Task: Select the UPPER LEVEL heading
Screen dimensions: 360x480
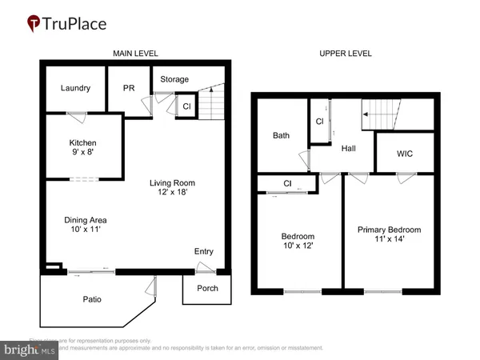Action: [x=346, y=54]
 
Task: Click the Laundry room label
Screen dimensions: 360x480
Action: [x=76, y=88]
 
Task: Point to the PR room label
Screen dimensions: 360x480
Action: [x=128, y=88]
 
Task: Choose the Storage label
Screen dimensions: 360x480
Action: [x=174, y=79]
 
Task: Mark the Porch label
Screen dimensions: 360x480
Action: [x=207, y=289]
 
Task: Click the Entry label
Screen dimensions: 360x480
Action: [x=204, y=252]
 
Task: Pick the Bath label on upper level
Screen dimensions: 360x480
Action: [x=281, y=135]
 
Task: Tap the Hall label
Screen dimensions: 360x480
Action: [x=347, y=148]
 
